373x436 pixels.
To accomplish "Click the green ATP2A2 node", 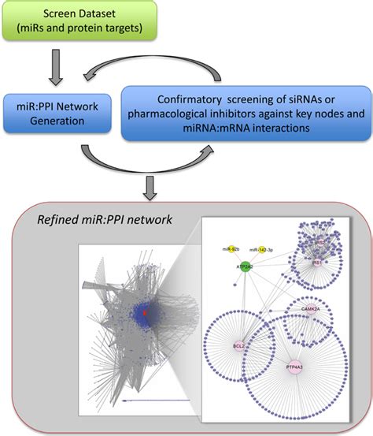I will pyautogui.click(x=246, y=267).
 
